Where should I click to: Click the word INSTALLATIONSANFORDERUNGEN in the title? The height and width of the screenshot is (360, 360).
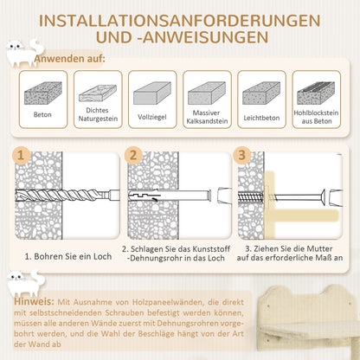click(180, 19)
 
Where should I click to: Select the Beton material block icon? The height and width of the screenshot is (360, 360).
click(42, 91)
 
